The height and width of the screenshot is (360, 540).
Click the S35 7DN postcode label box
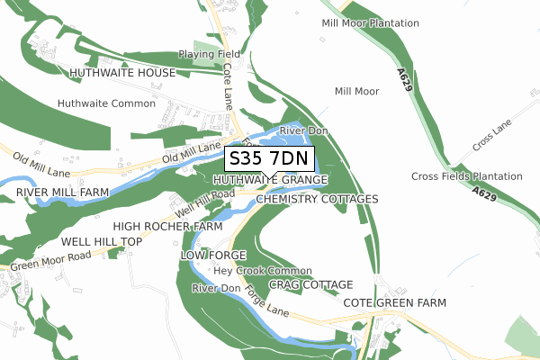[269, 159]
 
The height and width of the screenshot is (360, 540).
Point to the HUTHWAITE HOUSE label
[122, 73]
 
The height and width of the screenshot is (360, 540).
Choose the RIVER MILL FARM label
[62, 193]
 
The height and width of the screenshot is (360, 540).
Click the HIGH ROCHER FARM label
[167, 226]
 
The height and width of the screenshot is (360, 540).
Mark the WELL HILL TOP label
[102, 243]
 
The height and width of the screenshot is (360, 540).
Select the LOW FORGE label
[213, 256]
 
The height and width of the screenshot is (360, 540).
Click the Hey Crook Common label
[263, 271]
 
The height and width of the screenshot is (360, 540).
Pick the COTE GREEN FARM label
[395, 303]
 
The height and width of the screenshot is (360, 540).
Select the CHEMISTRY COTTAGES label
[318, 198]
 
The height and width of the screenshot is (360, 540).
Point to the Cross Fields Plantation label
[466, 175]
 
